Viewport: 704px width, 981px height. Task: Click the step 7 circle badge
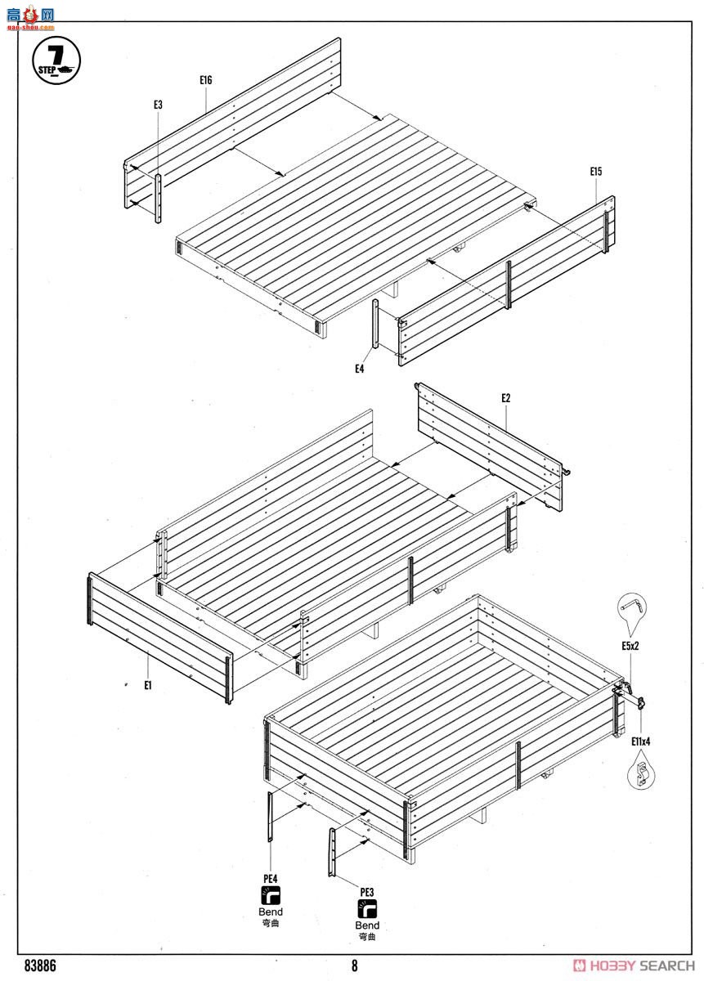pos(56,60)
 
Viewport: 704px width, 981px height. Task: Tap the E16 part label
pos(205,80)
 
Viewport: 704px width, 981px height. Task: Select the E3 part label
pos(158,105)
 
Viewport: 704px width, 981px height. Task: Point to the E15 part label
pos(596,171)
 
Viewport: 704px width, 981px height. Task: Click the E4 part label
pos(359,369)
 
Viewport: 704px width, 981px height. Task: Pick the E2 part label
pos(506,398)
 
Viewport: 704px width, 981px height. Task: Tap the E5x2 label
pos(630,646)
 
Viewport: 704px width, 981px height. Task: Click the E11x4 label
pos(640,741)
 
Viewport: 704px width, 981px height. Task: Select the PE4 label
pos(271,879)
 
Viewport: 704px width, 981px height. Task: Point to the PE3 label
pos(366,892)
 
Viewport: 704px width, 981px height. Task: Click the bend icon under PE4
pos(271,895)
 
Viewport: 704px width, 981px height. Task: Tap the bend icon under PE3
pos(367,909)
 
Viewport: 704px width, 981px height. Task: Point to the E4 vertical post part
pos(375,324)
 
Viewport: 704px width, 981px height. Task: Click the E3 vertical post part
pos(158,199)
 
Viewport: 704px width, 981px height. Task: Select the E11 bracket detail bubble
pos(640,770)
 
